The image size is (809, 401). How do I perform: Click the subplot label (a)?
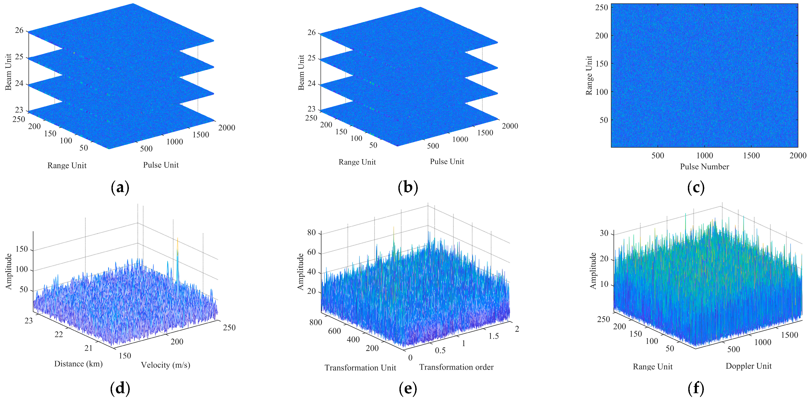[x=120, y=188]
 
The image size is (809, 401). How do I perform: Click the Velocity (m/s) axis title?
[x=166, y=365]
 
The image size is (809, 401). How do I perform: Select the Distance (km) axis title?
[x=78, y=364]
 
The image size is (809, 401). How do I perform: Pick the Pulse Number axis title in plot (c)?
[x=705, y=167]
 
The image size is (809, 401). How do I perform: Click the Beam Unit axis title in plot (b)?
[x=301, y=72]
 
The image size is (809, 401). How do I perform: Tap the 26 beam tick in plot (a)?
[x=19, y=30]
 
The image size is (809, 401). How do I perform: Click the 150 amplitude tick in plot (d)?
[x=22, y=249]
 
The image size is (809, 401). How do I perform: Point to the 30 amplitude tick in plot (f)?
[x=604, y=233]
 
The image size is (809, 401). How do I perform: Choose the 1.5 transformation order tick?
[x=493, y=336]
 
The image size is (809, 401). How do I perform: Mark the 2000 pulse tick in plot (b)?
[x=510, y=126]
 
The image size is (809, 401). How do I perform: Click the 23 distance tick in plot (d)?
[x=29, y=321]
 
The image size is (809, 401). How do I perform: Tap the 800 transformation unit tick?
[x=315, y=322]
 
